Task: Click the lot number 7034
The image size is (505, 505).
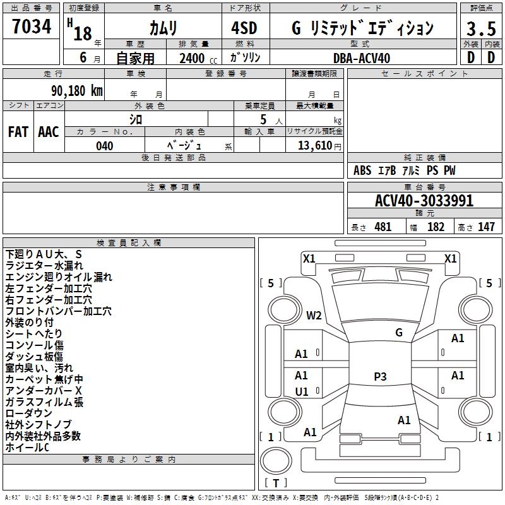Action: coord(32,27)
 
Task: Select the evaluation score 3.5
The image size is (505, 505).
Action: coord(480,29)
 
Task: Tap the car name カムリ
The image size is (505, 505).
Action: coord(163,28)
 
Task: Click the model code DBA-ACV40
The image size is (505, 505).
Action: coord(362,58)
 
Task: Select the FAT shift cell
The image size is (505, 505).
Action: coord(18,132)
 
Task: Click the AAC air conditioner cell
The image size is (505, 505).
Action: coord(49,132)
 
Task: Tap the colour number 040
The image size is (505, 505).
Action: coord(105,146)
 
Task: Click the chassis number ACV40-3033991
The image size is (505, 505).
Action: coord(424,201)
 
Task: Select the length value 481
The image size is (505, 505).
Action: coord(383,227)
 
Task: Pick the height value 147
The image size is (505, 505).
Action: coord(486,227)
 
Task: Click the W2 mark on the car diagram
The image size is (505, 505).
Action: coord(314,315)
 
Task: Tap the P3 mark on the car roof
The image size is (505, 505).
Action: coord(380,377)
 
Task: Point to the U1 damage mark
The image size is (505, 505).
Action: coord(302,391)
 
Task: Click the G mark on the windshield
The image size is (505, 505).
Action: coord(398,333)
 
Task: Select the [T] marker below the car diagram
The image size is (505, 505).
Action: coord(276,483)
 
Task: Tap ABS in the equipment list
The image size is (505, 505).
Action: coord(362,170)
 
